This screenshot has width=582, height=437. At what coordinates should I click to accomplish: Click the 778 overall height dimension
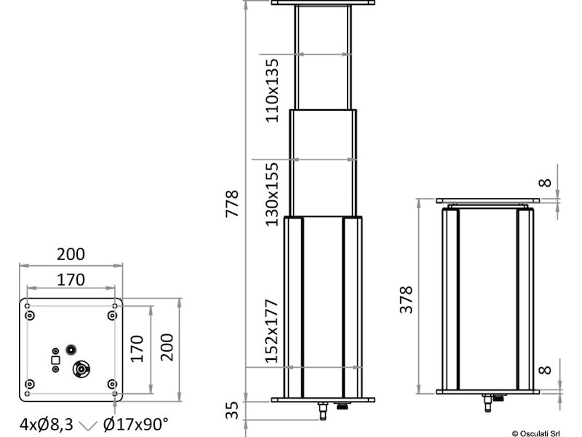(x=232, y=206)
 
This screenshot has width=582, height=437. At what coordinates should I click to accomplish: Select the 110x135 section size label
(x=272, y=90)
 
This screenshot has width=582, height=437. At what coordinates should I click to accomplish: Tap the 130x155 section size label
(x=272, y=194)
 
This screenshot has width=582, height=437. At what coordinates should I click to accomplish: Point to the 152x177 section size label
(x=272, y=331)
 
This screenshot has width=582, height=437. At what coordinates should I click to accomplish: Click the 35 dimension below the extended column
(x=232, y=411)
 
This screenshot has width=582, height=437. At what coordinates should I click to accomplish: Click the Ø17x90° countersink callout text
(x=135, y=423)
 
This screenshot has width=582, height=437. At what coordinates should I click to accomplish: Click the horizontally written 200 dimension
(x=71, y=254)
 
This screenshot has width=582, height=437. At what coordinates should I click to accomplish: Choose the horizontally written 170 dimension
(x=71, y=279)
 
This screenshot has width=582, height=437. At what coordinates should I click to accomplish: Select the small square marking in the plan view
(x=55, y=359)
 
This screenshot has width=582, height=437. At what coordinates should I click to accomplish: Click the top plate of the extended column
(x=323, y=4)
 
